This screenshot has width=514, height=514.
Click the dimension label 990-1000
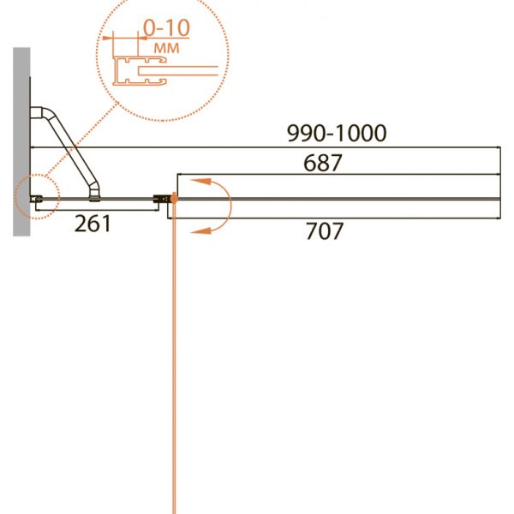coord(337,133)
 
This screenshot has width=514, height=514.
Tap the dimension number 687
coord(323,163)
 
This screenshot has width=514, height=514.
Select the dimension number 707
coord(325,230)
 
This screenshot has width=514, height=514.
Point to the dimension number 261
coord(93,224)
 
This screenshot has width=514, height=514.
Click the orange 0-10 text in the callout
coord(166,27)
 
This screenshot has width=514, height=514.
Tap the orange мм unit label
coord(166,48)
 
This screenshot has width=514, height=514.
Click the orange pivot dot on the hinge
coord(174,199)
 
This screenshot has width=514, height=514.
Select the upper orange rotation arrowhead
coord(200,182)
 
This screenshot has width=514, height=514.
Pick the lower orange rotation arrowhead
coord(200,230)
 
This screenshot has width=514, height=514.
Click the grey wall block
coord(21,141)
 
